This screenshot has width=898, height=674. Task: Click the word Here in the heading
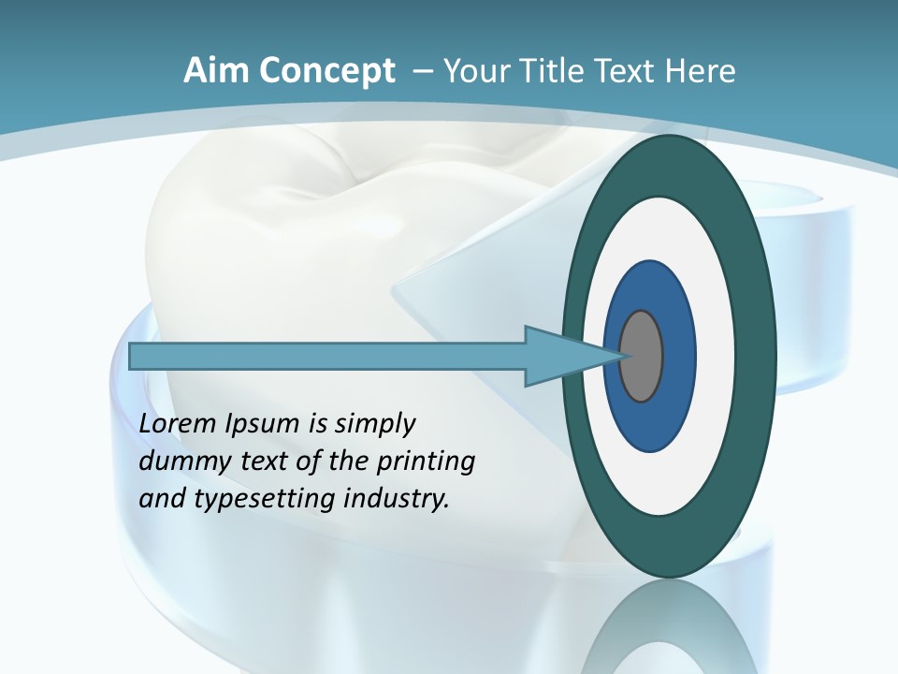pos(701,71)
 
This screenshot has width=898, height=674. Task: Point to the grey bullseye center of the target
pos(642,357)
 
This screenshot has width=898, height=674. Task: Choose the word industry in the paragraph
pos(397,498)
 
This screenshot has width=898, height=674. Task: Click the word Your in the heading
pos(474,71)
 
